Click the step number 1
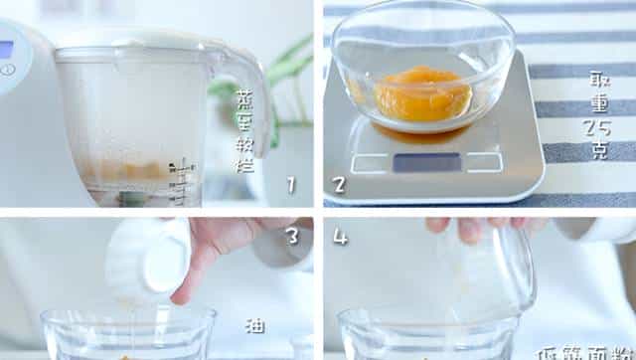tap(291, 184)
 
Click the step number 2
tap(339, 184)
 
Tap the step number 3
tap(291, 236)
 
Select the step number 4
tap(340, 237)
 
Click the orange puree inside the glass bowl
tap(421, 93)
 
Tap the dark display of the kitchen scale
tap(426, 161)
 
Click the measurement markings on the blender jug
tap(181, 179)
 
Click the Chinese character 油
tap(255, 324)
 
